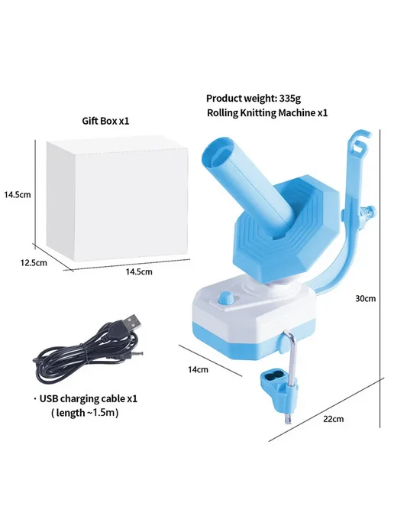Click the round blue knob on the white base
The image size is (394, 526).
coord(225,298)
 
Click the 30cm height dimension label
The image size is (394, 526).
coord(366,298)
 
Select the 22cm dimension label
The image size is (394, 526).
coord(334,419)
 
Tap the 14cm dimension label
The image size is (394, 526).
coord(198,369)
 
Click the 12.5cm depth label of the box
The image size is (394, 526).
coord(34,263)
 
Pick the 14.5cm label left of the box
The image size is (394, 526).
coord(17,194)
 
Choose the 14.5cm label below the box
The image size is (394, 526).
coord(139,271)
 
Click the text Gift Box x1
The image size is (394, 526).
coord(105,121)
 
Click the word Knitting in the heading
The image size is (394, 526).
coord(257,112)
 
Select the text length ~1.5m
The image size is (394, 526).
coord(86,413)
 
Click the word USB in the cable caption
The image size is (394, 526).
coord(49,398)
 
